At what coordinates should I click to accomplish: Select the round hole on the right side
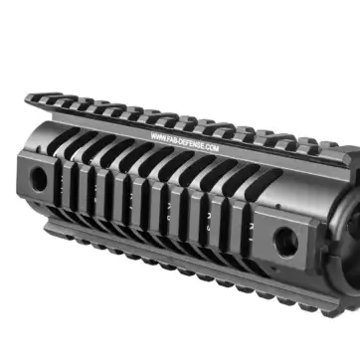tap(285, 238)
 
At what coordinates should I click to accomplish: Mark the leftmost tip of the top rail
tap(27, 97)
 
